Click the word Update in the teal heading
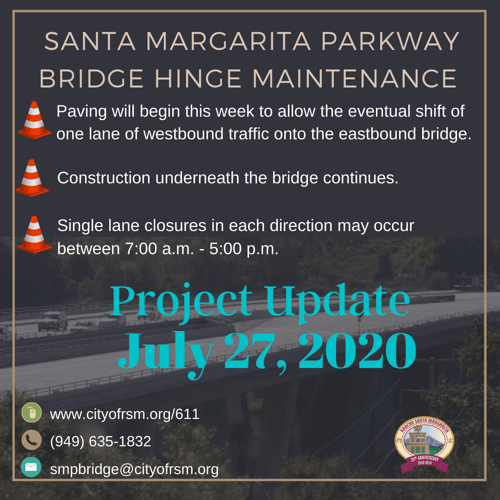[x=338, y=301]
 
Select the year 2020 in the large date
[x=357, y=354]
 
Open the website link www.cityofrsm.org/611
[x=125, y=414]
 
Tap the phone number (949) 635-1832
[x=100, y=441]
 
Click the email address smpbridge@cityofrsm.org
[x=134, y=469]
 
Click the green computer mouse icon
[x=31, y=412]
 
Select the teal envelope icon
[x=31, y=467]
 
